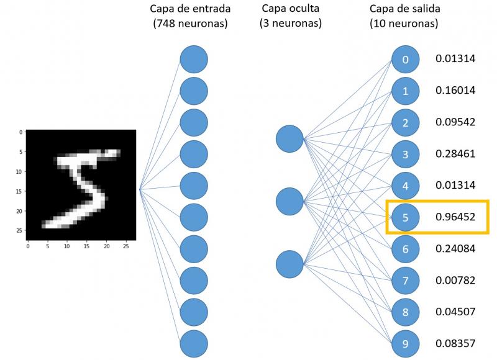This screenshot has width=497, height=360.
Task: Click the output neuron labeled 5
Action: [x=406, y=217]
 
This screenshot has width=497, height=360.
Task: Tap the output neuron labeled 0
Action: [x=406, y=60]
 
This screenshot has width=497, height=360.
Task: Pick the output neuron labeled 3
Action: [x=406, y=154]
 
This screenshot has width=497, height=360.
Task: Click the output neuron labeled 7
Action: [x=406, y=281]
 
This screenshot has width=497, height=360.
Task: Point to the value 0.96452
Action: [x=455, y=217]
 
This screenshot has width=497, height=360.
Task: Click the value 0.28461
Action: [x=455, y=153]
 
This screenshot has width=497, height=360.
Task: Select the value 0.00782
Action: [x=455, y=281]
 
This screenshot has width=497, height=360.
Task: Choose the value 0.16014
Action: [x=455, y=91]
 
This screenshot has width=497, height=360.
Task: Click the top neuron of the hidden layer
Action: [x=290, y=138]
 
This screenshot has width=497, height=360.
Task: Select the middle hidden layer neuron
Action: [x=290, y=200]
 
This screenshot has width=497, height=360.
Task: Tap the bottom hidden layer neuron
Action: [x=290, y=264]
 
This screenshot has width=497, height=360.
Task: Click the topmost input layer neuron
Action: [x=194, y=60]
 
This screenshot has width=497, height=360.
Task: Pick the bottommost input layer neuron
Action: [x=194, y=343]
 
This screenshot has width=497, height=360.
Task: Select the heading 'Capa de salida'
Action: [x=404, y=9]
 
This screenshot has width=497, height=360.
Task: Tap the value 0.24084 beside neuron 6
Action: [x=455, y=249]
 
